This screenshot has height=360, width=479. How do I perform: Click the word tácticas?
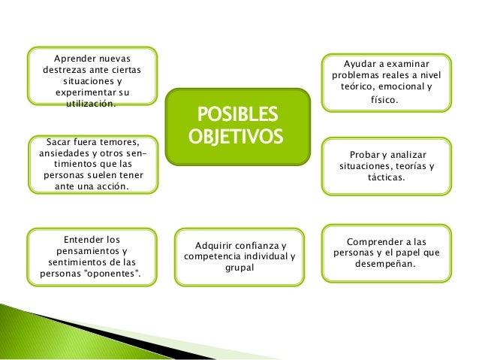tap(386, 177)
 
